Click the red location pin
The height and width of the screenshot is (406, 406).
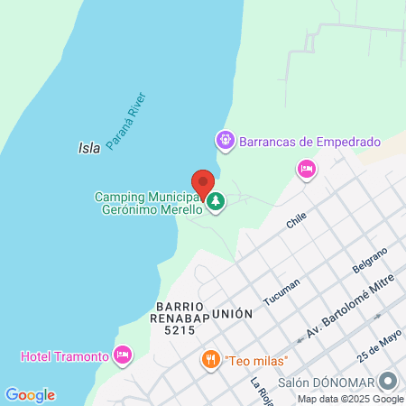tap(203, 183)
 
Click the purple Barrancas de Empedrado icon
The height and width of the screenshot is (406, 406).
tap(224, 141)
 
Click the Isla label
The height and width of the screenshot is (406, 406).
tap(88, 147)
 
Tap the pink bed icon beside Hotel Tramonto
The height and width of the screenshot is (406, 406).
tap(123, 355)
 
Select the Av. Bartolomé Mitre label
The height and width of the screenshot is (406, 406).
tap(349, 313)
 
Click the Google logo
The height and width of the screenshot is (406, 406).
tap(30, 395)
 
